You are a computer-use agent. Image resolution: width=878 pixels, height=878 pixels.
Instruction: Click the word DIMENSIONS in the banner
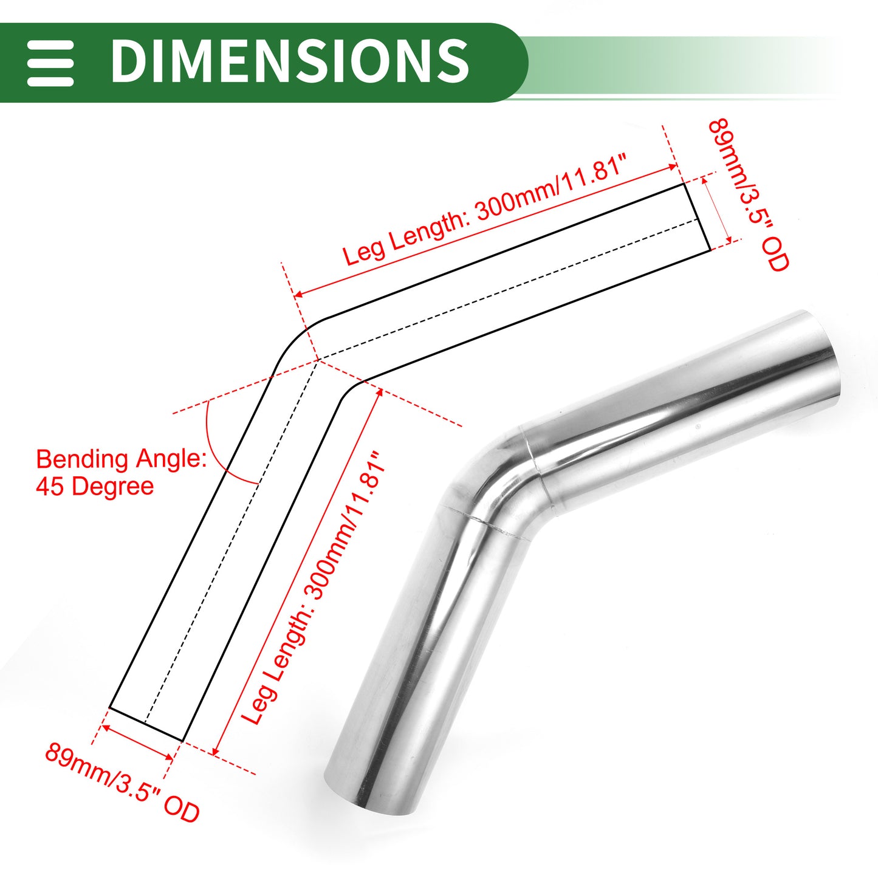click(290, 60)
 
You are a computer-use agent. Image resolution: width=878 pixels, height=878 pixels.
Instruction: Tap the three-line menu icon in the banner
click(50, 63)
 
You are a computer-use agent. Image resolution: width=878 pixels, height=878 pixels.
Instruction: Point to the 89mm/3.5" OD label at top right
click(748, 195)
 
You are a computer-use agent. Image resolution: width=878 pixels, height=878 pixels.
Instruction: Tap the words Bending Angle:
click(121, 460)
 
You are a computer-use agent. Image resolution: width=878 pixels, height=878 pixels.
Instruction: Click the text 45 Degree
click(95, 487)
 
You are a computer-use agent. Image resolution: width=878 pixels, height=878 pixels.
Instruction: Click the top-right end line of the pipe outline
click(697, 217)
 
